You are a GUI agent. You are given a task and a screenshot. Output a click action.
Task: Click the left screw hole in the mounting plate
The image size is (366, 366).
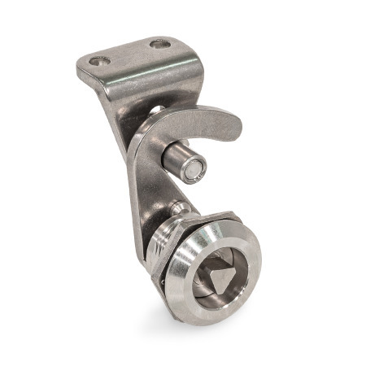[100, 60]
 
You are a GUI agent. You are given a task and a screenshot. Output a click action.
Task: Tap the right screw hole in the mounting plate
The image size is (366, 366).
[160, 43]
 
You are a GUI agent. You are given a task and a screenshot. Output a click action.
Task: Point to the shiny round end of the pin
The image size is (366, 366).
[194, 169]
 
